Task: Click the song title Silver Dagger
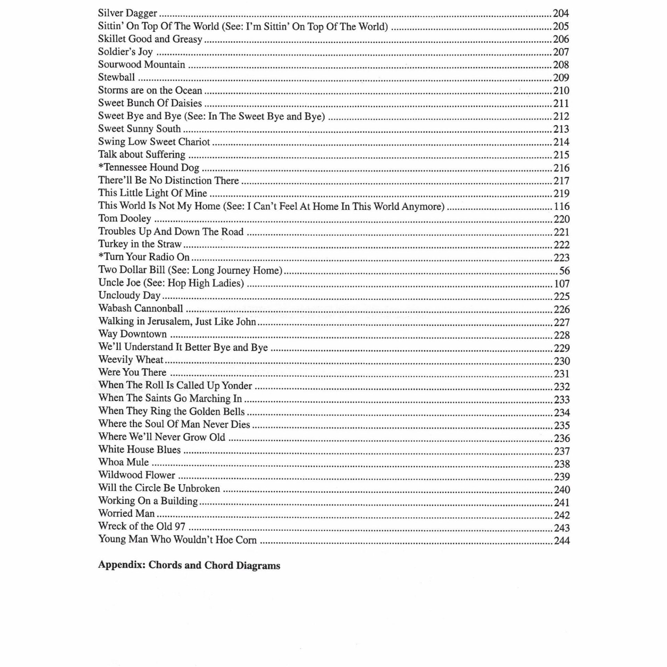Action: click(127, 13)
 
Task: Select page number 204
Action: click(561, 14)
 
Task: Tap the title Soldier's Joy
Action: click(125, 52)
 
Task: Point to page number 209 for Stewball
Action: click(561, 77)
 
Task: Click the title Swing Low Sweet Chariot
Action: click(154, 142)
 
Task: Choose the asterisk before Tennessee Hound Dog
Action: click(101, 166)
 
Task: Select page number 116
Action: click(561, 206)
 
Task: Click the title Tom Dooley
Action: click(125, 219)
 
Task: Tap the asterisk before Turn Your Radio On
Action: click(101, 256)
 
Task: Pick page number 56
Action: click(564, 271)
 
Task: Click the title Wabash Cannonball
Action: click(141, 308)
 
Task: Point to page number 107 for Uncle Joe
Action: click(561, 284)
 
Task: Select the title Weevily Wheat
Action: click(131, 360)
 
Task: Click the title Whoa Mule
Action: click(123, 462)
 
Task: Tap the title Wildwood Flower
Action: click(137, 475)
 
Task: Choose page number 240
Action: click(561, 490)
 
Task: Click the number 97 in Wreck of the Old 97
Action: click(180, 526)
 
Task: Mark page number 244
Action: click(561, 541)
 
